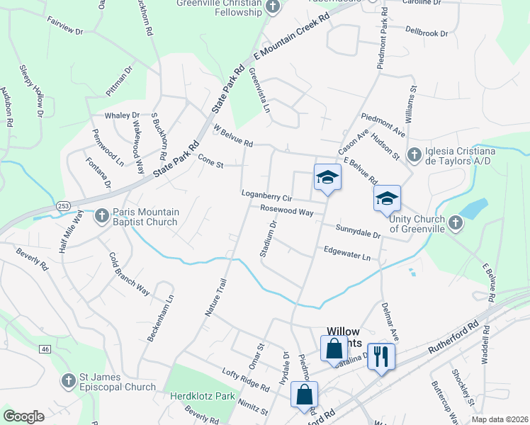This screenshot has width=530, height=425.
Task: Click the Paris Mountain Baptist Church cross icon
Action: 102,215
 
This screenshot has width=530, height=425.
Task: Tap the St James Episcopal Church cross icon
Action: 68,381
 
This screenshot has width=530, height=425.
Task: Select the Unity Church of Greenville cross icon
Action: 455,223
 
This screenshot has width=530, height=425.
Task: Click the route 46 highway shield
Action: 45,349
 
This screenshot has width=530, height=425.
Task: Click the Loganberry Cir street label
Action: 267,197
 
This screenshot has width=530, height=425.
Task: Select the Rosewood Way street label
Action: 286,210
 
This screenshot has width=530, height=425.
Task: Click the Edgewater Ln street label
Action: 346,253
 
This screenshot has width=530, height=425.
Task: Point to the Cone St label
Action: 210,163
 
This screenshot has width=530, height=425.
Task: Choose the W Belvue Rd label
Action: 233,136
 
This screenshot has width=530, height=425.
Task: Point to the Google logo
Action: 24,416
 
